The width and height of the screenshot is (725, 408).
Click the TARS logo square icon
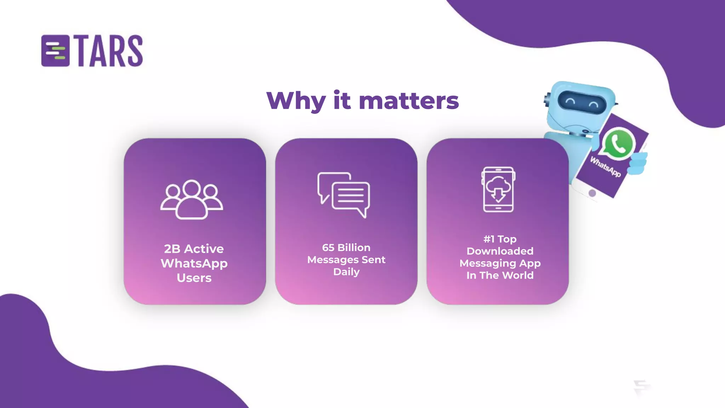tap(55, 51)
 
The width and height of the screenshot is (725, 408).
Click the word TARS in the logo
tap(110, 51)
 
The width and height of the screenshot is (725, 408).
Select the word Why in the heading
tap(296, 101)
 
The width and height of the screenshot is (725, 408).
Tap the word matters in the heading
tap(409, 101)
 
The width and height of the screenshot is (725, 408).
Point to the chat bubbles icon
tap(344, 194)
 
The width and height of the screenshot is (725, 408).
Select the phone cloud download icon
tap(498, 189)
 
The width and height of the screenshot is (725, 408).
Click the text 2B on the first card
tap(172, 249)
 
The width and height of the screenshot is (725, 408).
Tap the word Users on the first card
tap(194, 278)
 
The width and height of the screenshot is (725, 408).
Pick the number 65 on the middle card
tap(328, 248)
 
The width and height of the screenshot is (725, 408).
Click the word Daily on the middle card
tap(346, 272)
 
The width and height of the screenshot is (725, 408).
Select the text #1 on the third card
tap(489, 239)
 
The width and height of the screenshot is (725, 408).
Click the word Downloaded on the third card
tap(500, 251)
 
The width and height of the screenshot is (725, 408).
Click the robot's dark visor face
tap(582, 102)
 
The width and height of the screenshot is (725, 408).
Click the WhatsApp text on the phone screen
tap(605, 167)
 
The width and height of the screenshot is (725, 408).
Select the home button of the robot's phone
tap(592, 193)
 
